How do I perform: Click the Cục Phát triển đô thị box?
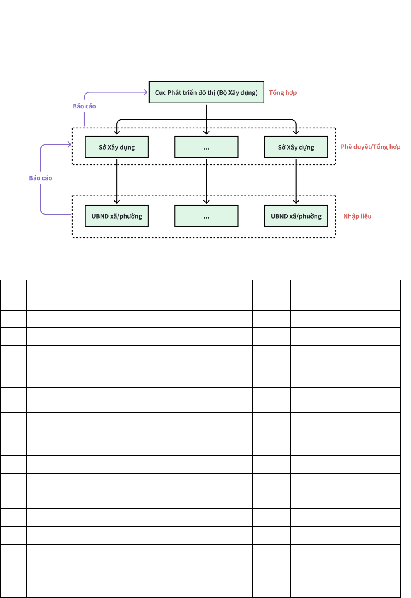click(x=206, y=92)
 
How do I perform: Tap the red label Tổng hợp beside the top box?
click(x=283, y=93)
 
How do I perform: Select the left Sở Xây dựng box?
click(x=116, y=147)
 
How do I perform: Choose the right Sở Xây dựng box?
click(x=296, y=147)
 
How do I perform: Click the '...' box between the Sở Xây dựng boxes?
click(x=206, y=147)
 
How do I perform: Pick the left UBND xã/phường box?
click(x=116, y=216)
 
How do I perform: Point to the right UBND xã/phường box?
click(x=296, y=216)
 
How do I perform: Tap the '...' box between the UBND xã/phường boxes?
click(x=206, y=216)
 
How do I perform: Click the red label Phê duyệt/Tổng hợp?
click(x=371, y=147)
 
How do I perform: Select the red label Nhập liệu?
click(x=357, y=216)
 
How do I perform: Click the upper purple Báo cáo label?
click(x=84, y=106)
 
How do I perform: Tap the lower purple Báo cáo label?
click(x=40, y=178)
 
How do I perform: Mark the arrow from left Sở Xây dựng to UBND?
click(x=116, y=181)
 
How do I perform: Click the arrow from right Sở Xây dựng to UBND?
click(x=296, y=181)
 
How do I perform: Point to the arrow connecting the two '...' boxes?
click(x=206, y=181)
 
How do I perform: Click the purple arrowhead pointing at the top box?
click(x=146, y=92)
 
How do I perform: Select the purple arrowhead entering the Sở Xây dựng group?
click(x=69, y=144)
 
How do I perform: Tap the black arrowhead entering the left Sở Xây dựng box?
click(x=116, y=132)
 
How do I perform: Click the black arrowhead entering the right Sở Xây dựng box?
click(x=296, y=132)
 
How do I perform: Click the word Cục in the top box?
click(x=160, y=93)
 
